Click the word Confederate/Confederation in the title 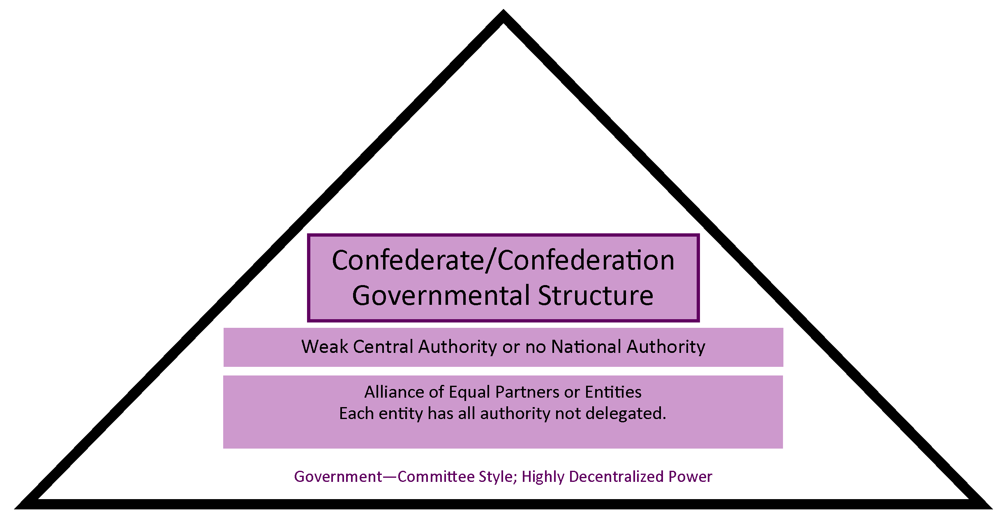[503, 260]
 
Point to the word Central [383, 347]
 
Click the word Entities [613, 392]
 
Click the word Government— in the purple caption [345, 477]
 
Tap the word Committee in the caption [436, 477]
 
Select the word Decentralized [616, 477]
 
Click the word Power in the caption [690, 477]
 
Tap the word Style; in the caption [498, 477]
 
